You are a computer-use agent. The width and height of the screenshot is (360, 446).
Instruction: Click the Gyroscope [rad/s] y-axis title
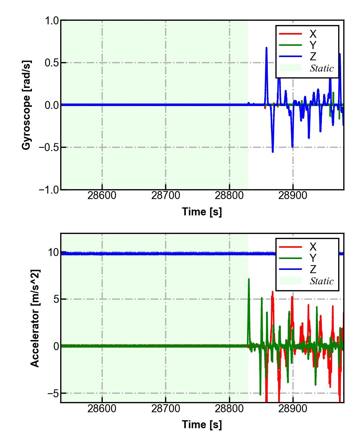coord(26,105)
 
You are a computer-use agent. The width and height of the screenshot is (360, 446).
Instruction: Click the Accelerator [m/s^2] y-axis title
coord(35,318)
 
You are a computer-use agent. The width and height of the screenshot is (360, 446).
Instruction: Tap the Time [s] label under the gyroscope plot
coord(202,211)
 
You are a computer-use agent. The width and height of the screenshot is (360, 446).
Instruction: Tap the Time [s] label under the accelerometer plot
coord(202,424)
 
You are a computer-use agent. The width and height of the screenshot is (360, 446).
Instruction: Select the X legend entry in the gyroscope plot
coord(312,34)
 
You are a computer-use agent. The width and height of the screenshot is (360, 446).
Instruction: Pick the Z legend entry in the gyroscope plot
coord(312,57)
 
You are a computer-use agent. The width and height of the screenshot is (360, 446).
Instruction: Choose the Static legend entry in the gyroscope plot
coord(321,68)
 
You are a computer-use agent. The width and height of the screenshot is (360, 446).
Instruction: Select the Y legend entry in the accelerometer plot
coord(312,258)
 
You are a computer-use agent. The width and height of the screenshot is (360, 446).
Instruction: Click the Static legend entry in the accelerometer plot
coord(321,281)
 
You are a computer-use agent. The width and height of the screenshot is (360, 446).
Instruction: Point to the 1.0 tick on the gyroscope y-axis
coord(52,21)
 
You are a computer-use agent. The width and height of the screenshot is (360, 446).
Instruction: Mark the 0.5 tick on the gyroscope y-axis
coord(52,63)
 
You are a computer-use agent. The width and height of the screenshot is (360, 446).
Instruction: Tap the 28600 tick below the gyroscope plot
coord(102,195)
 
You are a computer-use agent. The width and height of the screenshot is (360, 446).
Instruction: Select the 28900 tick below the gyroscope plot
coord(293,195)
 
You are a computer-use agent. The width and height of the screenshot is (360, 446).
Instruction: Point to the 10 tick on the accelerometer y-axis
coord(53,252)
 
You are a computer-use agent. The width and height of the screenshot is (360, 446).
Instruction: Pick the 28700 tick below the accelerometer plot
coord(166,409)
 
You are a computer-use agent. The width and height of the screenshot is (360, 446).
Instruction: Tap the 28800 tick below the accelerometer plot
coord(229,409)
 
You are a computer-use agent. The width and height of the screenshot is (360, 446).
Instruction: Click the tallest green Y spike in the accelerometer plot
coord(249,279)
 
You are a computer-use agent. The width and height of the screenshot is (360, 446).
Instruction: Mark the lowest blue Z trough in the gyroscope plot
coord(273,151)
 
